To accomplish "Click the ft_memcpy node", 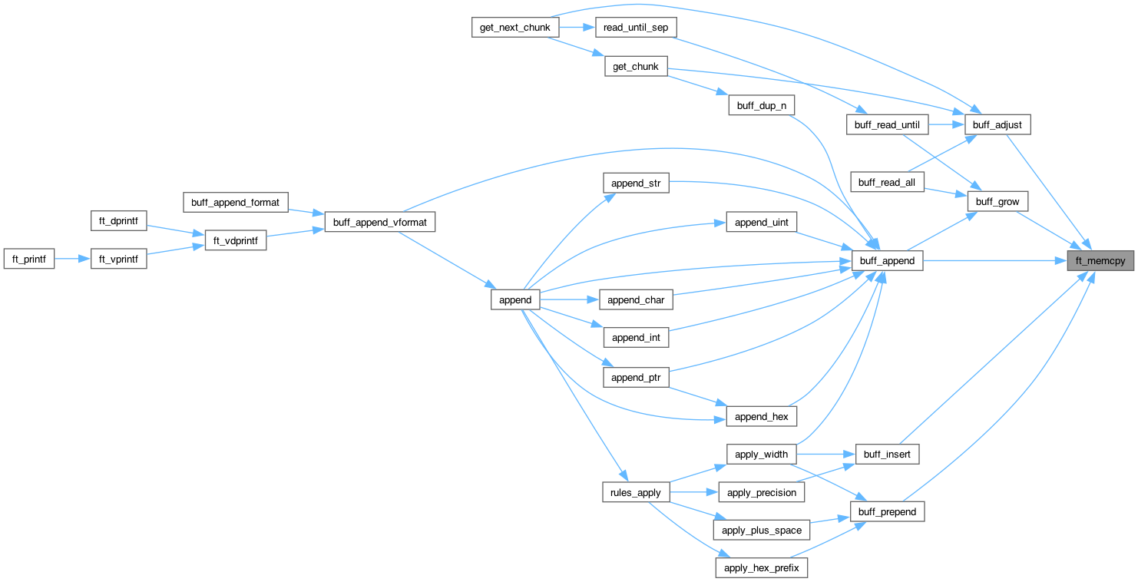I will [1100, 261].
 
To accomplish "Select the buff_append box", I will [887, 261].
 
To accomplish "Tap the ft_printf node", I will [28, 260].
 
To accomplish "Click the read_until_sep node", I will [634, 27].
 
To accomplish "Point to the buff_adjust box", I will [997, 124].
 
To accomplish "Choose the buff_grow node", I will [997, 202].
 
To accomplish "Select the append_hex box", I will [761, 417].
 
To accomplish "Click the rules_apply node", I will [637, 492].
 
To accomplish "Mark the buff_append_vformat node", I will [380, 222].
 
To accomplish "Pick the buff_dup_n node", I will [761, 106].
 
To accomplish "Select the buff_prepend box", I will [887, 511].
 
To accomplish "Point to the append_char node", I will [635, 300].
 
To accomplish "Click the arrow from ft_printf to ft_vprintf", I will [72, 260].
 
